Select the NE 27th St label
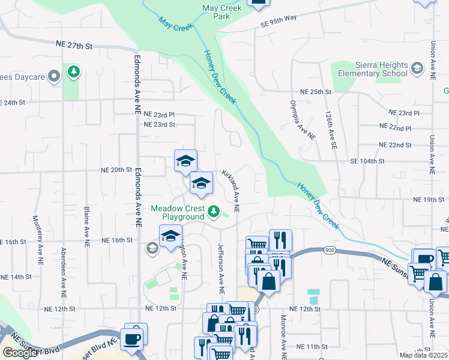pos(74,45)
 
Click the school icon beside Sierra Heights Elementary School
pos(417,70)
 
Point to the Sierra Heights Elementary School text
pos(372,70)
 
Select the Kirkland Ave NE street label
pos(231,191)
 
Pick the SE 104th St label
pos(367,161)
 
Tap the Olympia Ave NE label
pos(303,121)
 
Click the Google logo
pos(20,353)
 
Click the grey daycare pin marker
pos(53,76)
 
